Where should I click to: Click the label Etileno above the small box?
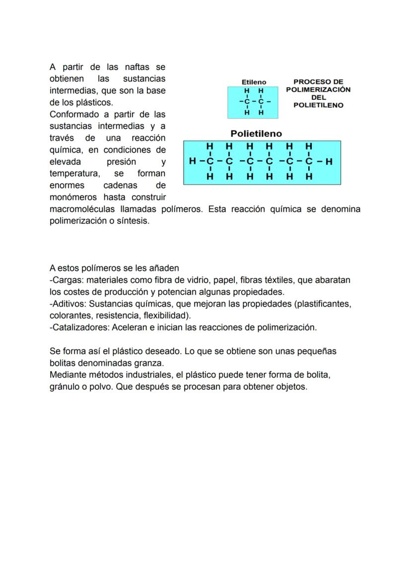[254, 82]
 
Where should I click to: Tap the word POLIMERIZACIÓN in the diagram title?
[318, 90]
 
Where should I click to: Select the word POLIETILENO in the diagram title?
[318, 105]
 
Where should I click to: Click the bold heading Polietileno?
[256, 134]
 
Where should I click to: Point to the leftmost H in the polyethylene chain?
[193, 161]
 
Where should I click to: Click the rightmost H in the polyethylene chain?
[329, 161]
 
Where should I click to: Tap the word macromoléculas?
[81, 209]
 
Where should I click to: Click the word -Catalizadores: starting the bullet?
[79, 327]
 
